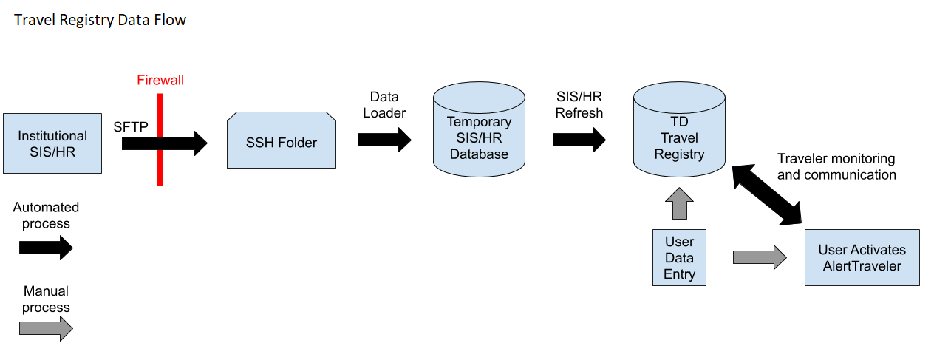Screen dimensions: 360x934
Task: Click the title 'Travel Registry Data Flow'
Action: click(x=100, y=20)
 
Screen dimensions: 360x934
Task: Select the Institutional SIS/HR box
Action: click(x=52, y=143)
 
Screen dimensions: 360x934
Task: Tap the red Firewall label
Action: click(x=160, y=80)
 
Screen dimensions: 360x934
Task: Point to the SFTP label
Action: click(x=131, y=126)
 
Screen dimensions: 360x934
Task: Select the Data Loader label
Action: click(x=384, y=105)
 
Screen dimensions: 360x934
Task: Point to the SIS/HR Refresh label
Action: click(x=579, y=105)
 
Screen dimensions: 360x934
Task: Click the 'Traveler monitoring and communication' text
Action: click(x=836, y=166)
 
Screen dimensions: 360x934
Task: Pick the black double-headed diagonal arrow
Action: click(x=768, y=194)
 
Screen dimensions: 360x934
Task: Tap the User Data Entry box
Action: click(x=679, y=258)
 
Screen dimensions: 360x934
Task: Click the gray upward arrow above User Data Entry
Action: click(x=680, y=205)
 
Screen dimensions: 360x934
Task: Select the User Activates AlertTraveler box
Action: click(x=862, y=257)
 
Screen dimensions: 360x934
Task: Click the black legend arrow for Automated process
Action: click(x=46, y=248)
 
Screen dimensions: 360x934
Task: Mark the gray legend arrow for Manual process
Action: click(x=46, y=327)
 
